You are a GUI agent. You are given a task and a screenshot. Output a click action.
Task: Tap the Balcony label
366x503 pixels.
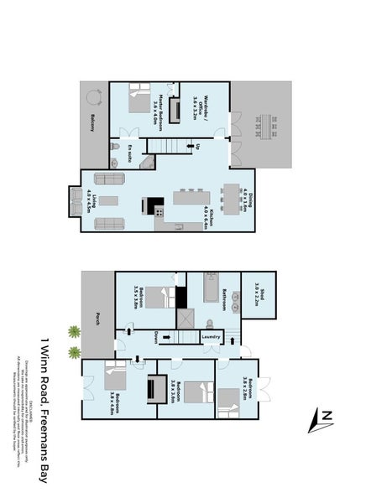[x=89, y=125]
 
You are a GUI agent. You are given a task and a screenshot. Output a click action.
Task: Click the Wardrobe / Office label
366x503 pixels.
[x=195, y=108]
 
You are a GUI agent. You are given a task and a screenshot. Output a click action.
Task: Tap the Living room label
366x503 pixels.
[x=90, y=201]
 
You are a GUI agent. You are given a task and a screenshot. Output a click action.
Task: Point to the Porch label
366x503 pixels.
[x=99, y=319]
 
